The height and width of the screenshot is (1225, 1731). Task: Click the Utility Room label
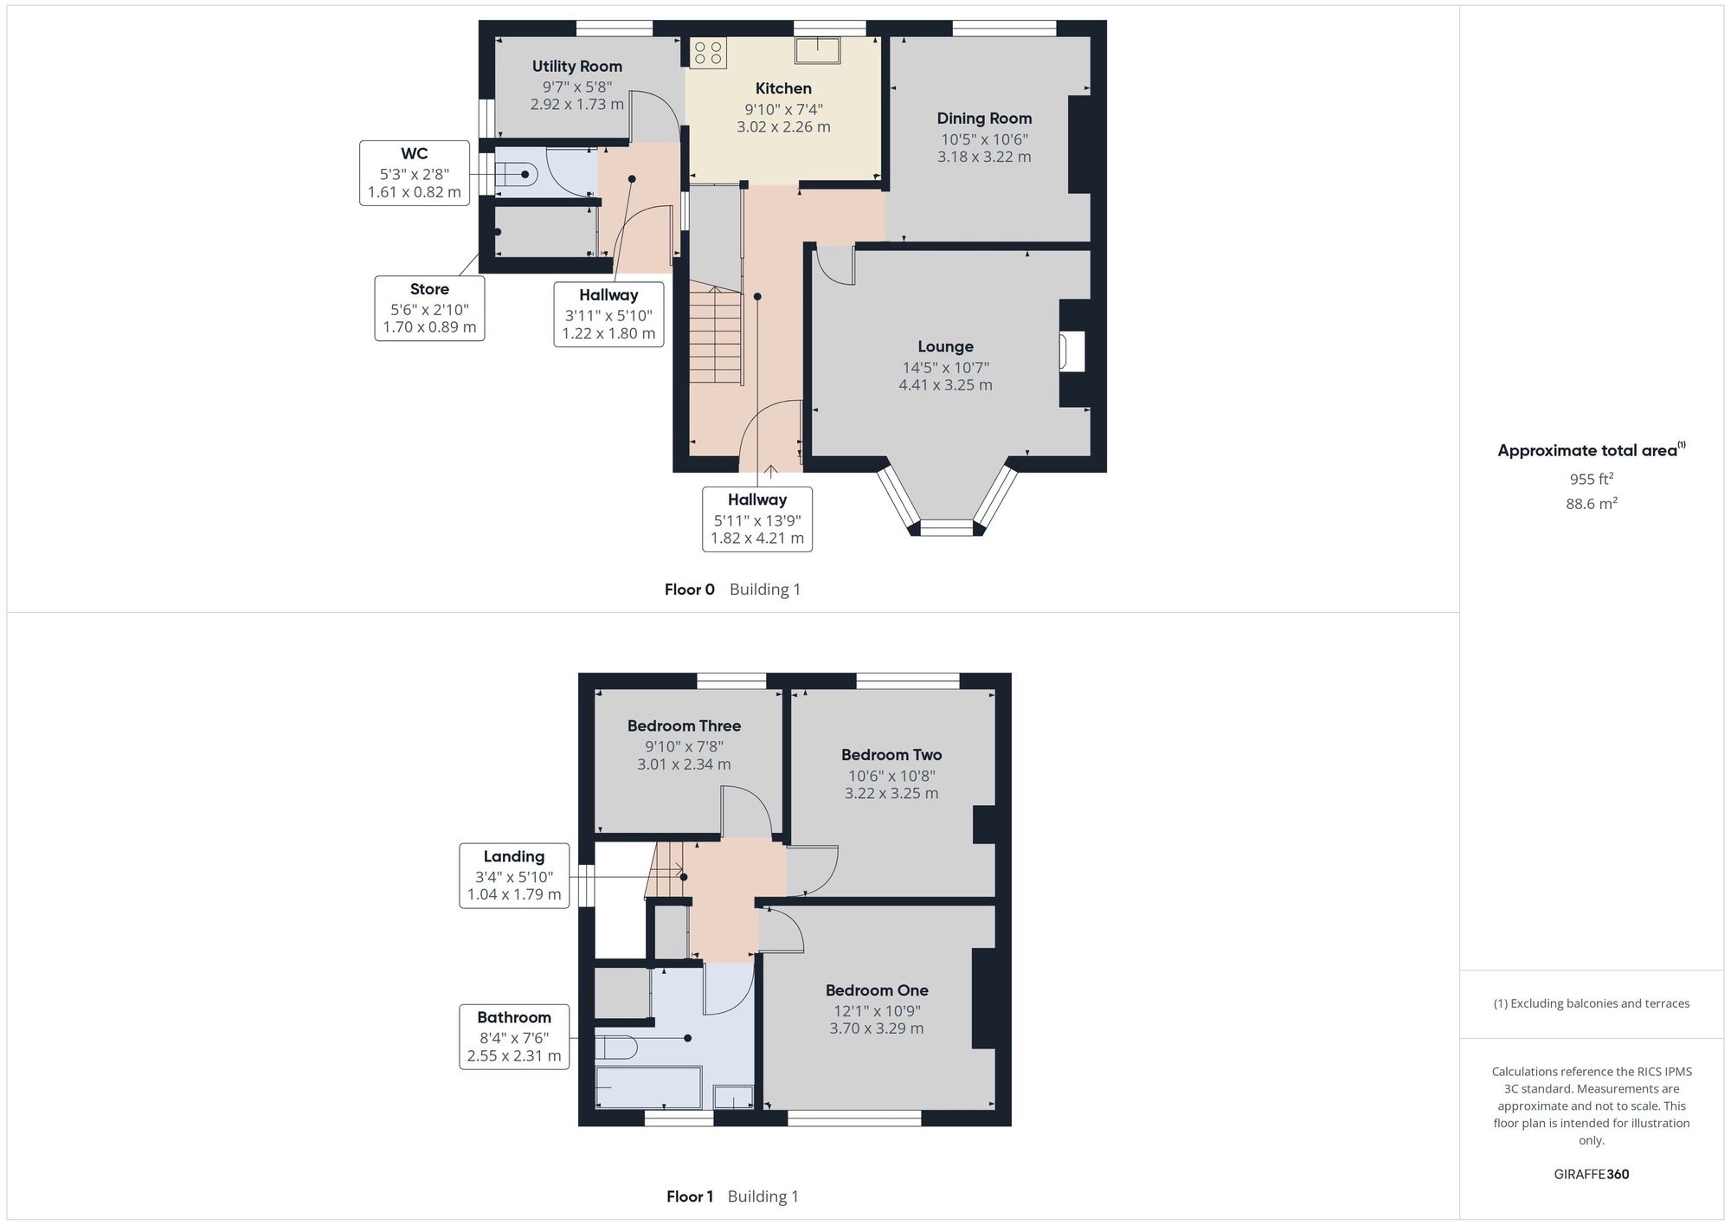tap(576, 66)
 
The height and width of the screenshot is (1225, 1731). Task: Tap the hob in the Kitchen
tap(708, 52)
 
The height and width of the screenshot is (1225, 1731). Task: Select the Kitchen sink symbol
tap(817, 49)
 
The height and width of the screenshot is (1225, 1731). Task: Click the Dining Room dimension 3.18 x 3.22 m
tap(984, 157)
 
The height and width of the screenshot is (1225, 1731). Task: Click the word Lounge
tap(945, 346)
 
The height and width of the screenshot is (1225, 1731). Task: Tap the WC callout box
tap(415, 173)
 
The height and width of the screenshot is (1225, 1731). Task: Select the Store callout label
tap(429, 289)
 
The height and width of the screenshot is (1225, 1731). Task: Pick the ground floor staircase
tap(716, 336)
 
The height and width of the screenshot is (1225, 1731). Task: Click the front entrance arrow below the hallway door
tap(770, 473)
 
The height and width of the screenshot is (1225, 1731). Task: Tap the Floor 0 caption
tap(690, 590)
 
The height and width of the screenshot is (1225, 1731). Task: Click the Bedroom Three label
tap(684, 725)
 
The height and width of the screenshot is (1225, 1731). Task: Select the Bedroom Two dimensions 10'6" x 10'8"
tap(891, 776)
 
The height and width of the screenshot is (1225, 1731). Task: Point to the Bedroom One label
tap(877, 990)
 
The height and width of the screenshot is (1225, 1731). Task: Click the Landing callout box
tap(514, 875)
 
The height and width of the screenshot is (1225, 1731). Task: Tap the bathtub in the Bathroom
tap(648, 1087)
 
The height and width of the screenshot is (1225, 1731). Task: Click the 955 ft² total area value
tap(1592, 479)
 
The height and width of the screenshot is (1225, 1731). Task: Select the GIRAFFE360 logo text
tap(1592, 1174)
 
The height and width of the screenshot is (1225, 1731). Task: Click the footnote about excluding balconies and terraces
tap(1592, 1003)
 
